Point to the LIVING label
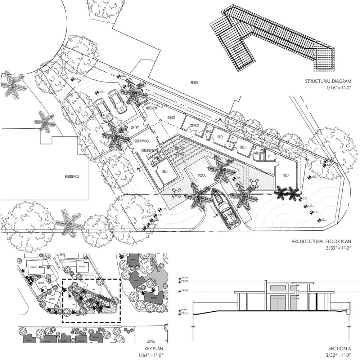171,118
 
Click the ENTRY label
135,127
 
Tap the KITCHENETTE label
151,150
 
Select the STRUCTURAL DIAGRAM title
328,81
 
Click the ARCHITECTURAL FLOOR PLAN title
321,241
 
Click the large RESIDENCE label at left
72,177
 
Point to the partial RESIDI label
194,83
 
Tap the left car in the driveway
102,110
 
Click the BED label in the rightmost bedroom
286,175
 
